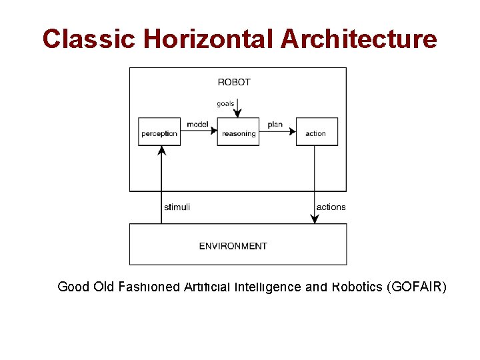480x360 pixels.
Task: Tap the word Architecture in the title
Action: pyautogui.click(x=359, y=39)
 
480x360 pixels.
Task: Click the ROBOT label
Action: pyautogui.click(x=234, y=82)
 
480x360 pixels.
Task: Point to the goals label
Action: pyautogui.click(x=225, y=103)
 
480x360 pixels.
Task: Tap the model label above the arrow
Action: pyautogui.click(x=197, y=125)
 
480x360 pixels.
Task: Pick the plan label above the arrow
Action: pyautogui.click(x=275, y=125)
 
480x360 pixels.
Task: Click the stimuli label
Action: pyautogui.click(x=177, y=207)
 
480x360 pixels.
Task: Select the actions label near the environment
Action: pyautogui.click(x=331, y=207)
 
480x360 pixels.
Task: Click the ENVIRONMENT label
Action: pyautogui.click(x=233, y=246)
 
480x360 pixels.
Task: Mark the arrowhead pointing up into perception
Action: pyautogui.click(x=161, y=151)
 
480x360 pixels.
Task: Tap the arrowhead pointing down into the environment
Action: pyautogui.click(x=315, y=219)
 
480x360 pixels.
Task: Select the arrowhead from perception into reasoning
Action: pyautogui.click(x=213, y=132)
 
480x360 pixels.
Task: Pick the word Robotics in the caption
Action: pyautogui.click(x=357, y=287)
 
